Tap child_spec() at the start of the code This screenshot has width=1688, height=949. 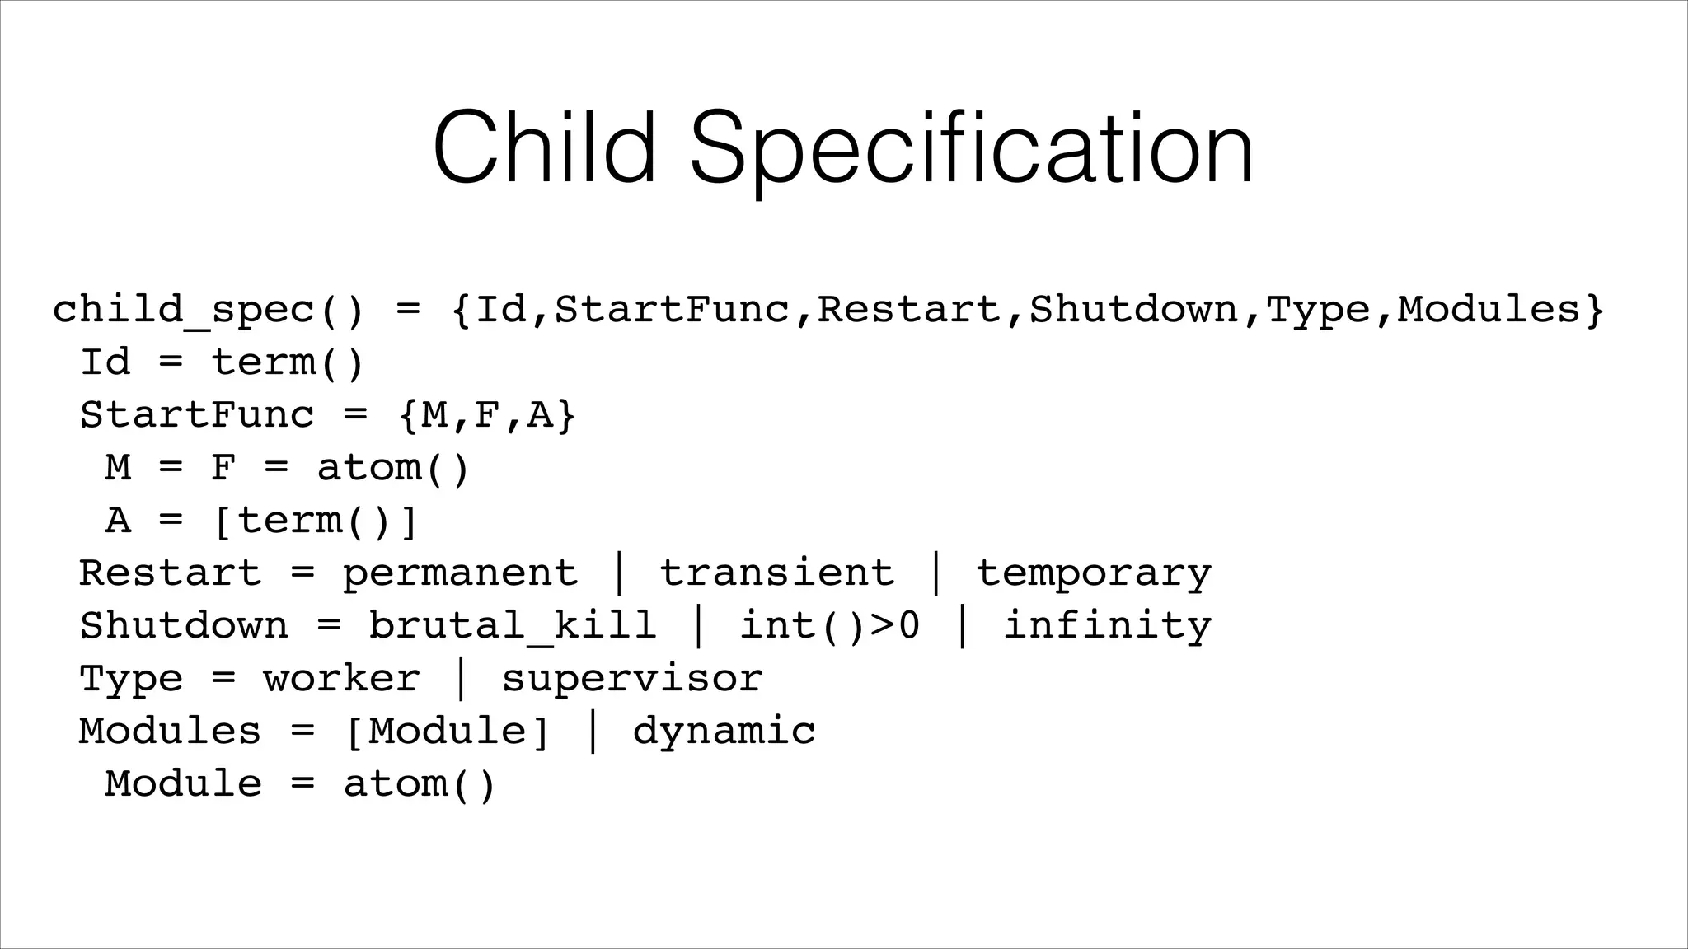208,311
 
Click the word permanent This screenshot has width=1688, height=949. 460,573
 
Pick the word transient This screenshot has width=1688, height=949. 776,573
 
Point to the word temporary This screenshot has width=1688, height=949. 1094,573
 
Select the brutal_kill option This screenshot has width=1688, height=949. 512,626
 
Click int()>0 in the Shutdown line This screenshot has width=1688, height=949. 829,626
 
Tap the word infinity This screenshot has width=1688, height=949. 1107,626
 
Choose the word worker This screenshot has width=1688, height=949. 341,679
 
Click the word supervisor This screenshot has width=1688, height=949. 631,679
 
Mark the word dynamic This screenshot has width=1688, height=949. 724,732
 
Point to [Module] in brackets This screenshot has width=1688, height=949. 447,732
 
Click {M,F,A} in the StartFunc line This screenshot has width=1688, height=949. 486,415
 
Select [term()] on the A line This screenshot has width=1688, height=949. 315,521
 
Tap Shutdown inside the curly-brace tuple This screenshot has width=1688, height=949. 1133,310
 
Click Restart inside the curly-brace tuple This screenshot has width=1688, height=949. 908,310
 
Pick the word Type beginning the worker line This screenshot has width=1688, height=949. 130,679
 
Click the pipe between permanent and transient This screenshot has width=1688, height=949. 619,573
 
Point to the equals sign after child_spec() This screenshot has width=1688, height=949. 407,310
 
